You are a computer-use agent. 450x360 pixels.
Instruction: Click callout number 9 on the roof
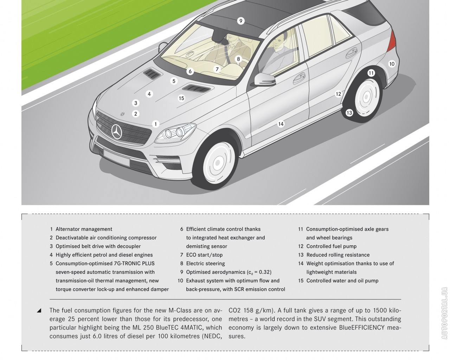tap(240, 21)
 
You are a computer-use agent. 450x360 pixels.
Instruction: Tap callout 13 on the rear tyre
tap(349, 113)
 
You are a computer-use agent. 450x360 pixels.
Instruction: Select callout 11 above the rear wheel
tap(371, 73)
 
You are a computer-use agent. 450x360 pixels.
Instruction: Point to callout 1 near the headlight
tap(155, 124)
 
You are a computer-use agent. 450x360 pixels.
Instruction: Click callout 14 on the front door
tap(281, 124)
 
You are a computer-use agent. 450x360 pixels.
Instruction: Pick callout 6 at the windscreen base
tap(190, 71)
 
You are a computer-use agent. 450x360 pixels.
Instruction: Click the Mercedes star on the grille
tap(117, 132)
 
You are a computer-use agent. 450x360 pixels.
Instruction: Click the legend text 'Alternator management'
tap(84, 229)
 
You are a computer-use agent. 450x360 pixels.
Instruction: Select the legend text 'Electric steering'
tap(205, 264)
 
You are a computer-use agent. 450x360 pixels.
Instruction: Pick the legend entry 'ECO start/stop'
tap(204, 255)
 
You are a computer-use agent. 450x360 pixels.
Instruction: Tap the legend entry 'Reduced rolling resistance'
tap(338, 255)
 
